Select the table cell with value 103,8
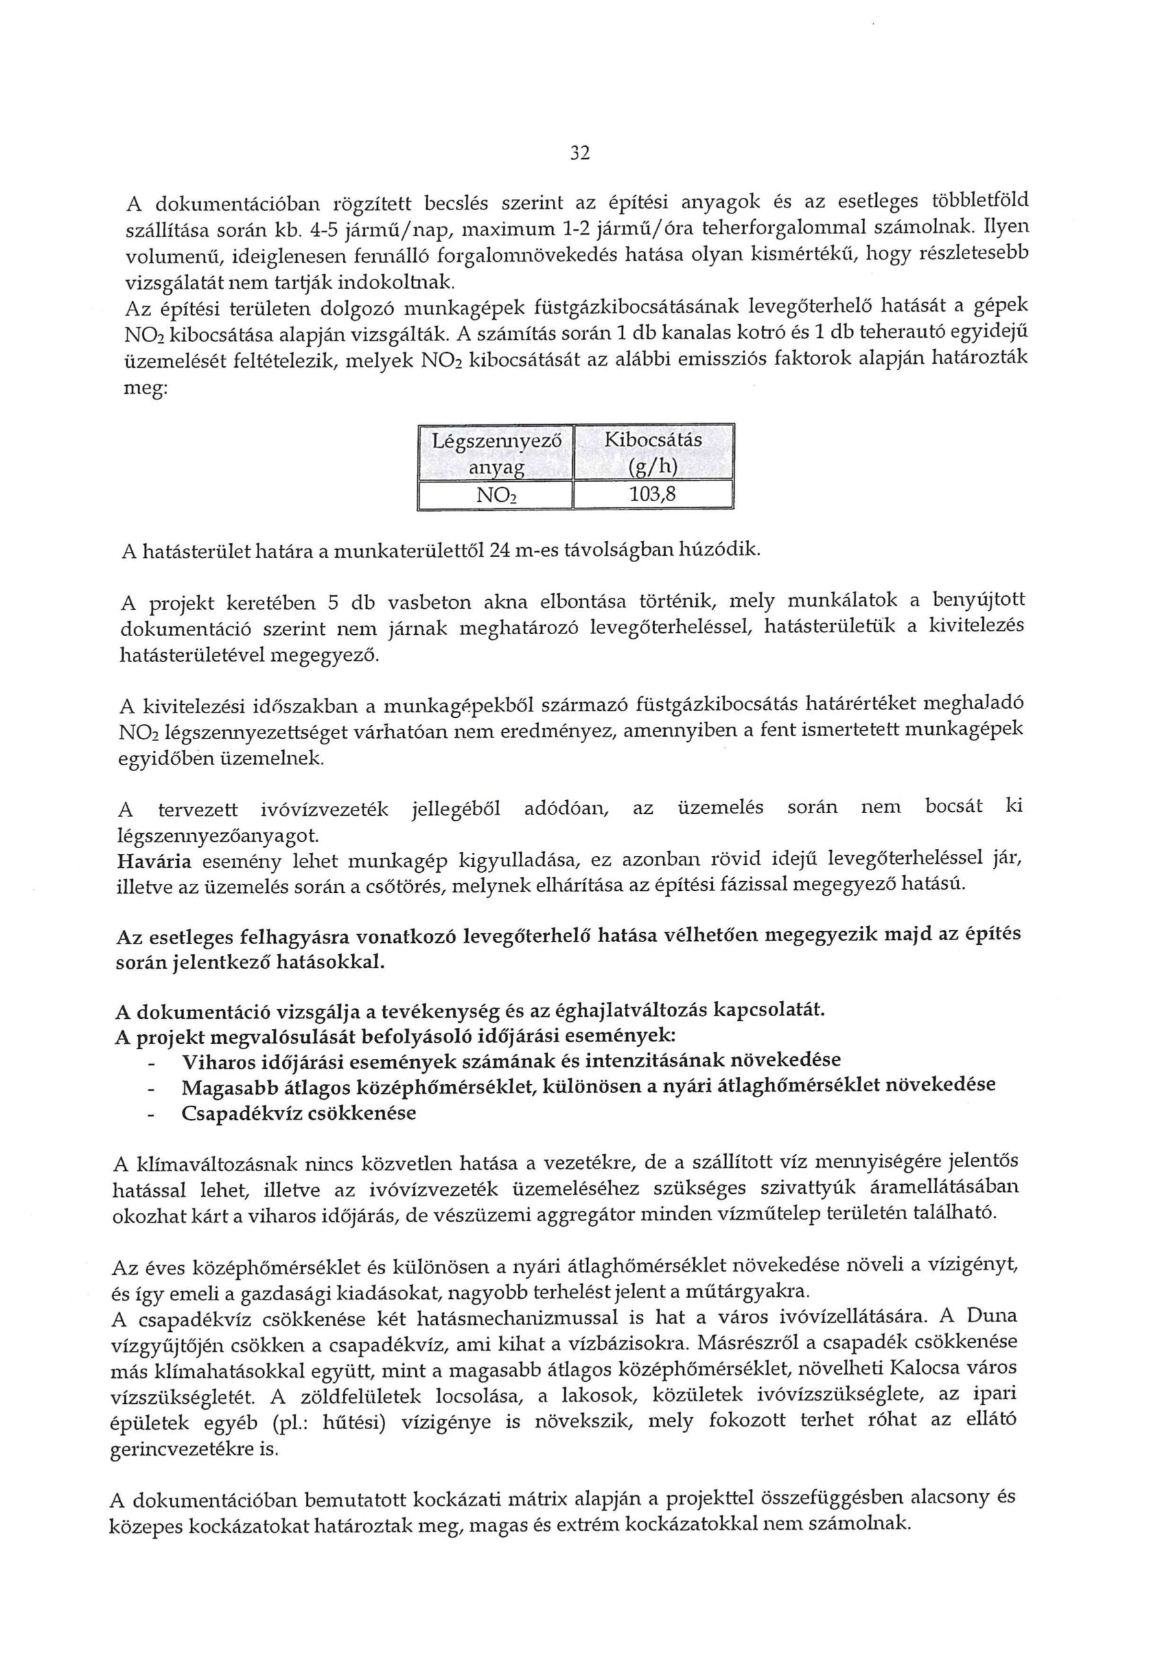653,495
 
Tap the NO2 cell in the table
496,495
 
